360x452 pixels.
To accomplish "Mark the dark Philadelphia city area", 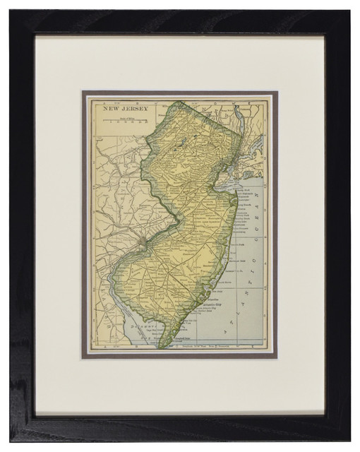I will click(143, 244).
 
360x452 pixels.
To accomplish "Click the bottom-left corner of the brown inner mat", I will click(82, 357).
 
